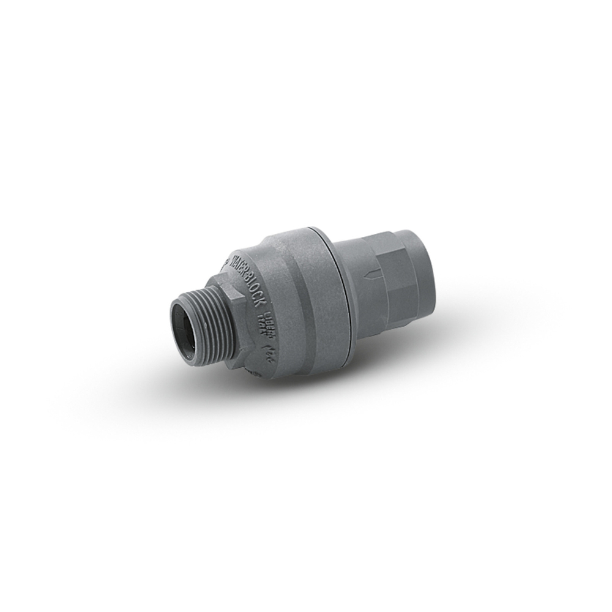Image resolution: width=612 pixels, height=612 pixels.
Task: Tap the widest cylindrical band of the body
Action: click(x=300, y=294)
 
